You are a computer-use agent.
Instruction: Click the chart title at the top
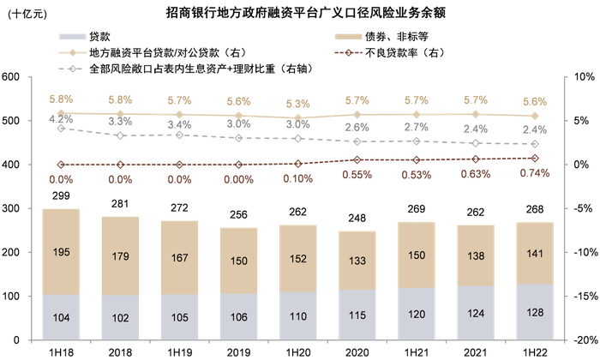[x=300, y=14]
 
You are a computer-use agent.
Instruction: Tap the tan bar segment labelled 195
[x=61, y=252]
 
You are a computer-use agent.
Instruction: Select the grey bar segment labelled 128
[x=535, y=312]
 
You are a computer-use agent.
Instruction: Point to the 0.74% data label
[x=535, y=174]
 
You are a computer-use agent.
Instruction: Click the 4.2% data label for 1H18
[x=61, y=119]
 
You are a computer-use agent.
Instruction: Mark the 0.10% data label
[x=297, y=179]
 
